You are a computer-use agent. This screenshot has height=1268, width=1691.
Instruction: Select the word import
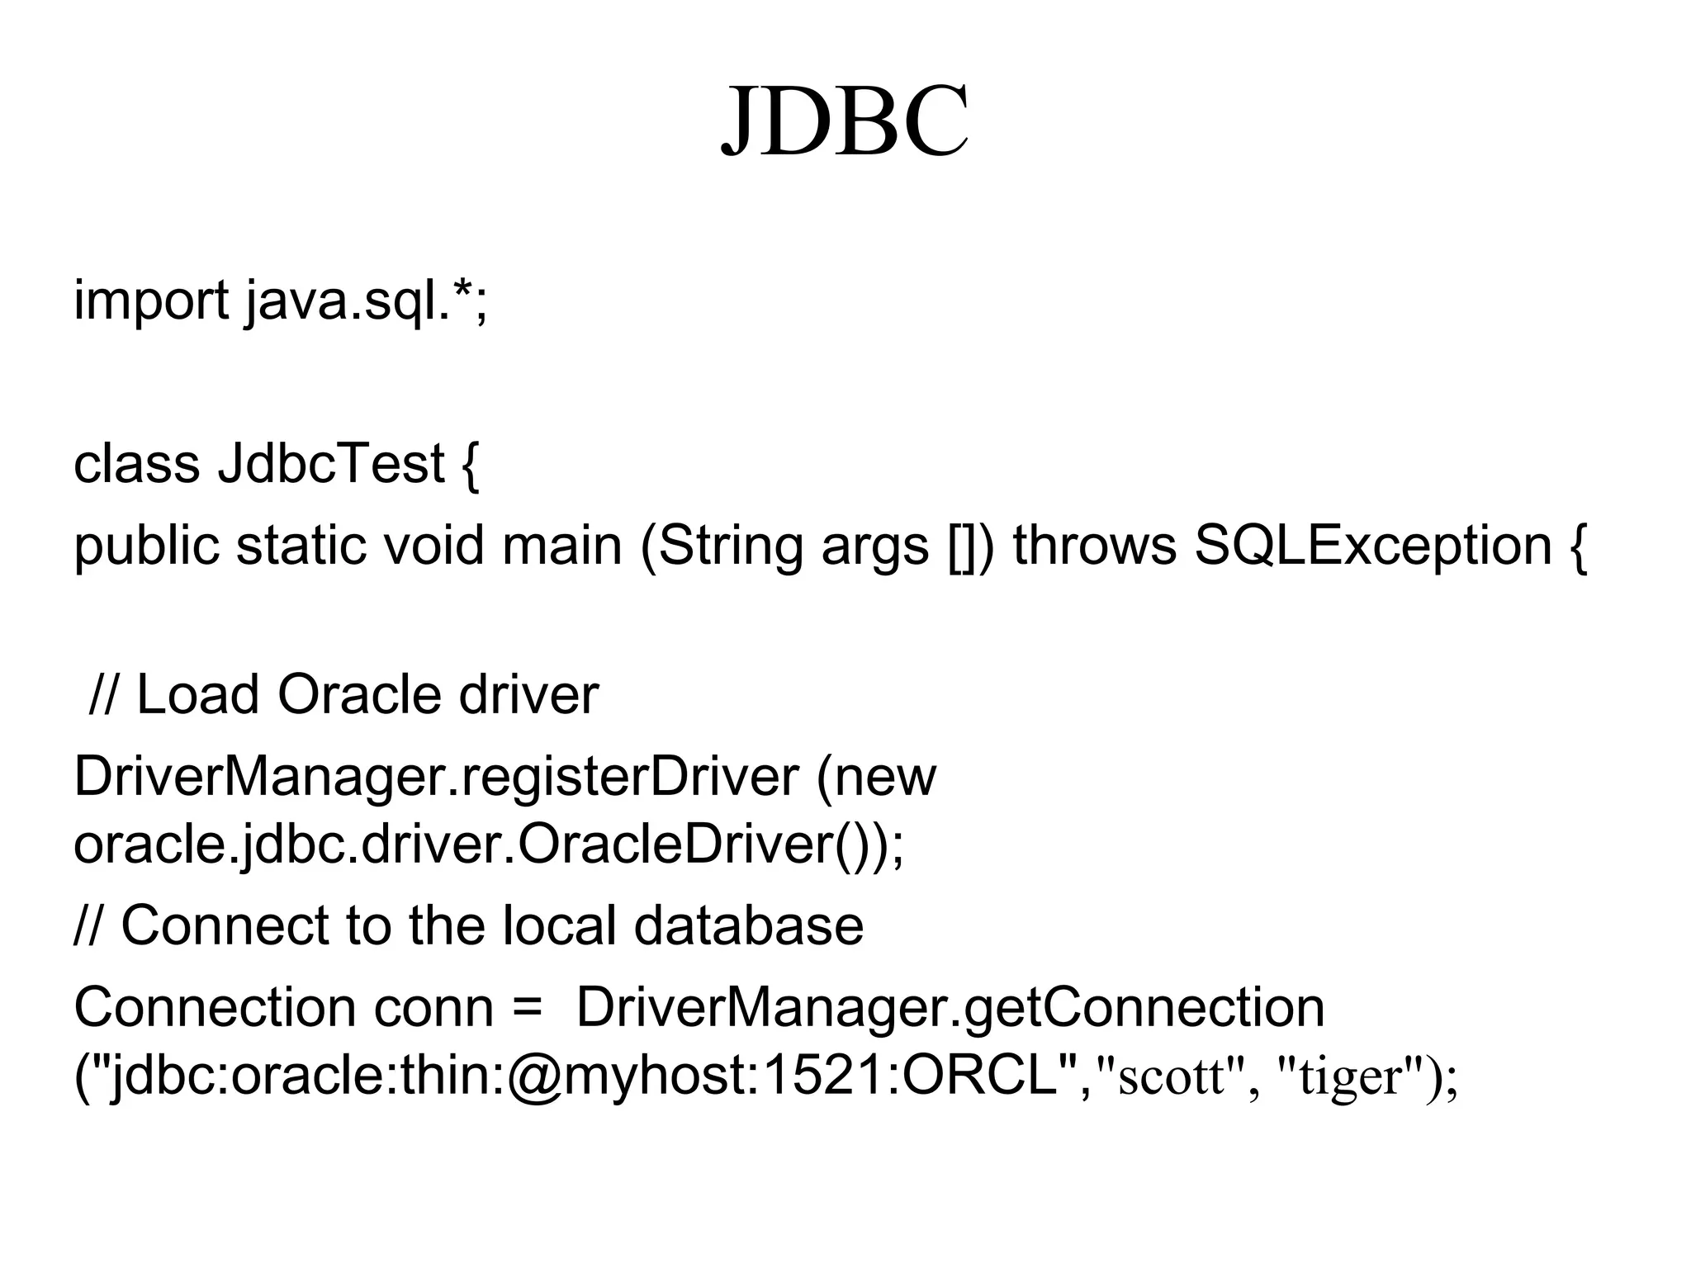point(151,300)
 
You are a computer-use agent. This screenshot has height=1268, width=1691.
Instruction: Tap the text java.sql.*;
point(367,300)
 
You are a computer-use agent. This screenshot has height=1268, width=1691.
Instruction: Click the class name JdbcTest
point(331,464)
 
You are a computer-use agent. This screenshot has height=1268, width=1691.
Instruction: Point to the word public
point(146,546)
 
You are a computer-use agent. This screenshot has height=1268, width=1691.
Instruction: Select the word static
point(301,546)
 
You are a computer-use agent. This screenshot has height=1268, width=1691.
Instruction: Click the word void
point(433,546)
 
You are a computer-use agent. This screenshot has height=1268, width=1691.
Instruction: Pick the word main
point(561,546)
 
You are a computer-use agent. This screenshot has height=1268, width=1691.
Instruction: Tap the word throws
point(1094,546)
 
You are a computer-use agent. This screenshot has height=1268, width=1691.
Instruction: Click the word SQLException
point(1373,546)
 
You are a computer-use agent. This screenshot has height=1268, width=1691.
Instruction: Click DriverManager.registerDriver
point(436,778)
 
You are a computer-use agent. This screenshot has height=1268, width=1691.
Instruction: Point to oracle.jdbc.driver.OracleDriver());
point(489,845)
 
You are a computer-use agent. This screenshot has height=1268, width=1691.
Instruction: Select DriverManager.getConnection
point(950,1009)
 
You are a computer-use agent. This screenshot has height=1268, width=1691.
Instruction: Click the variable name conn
point(433,1009)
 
